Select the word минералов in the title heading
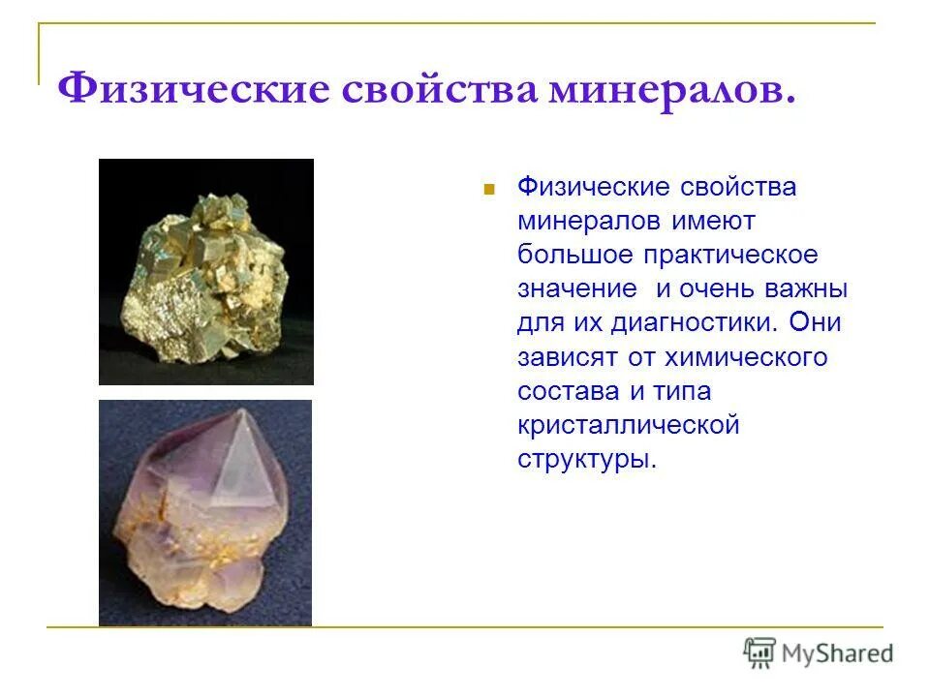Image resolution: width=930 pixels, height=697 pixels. pyautogui.click(x=672, y=90)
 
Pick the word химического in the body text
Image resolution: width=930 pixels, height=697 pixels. pyautogui.click(x=745, y=357)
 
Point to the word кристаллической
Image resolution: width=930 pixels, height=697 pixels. pyautogui.click(x=629, y=425)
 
